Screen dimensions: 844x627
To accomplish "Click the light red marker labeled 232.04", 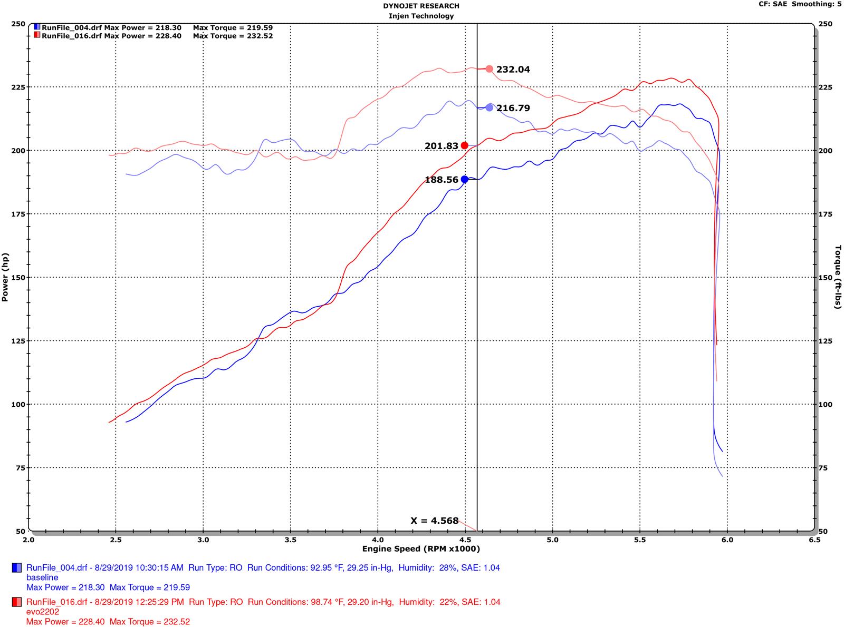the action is point(489,69).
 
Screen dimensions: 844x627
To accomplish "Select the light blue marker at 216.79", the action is point(489,107).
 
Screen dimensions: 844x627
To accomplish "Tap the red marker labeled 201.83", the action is point(464,145).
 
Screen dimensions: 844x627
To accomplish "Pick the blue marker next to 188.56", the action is point(464,179).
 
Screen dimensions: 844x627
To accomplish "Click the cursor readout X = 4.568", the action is point(434,521).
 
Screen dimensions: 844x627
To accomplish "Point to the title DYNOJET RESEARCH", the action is point(421,6).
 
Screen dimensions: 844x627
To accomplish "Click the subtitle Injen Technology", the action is point(421,16).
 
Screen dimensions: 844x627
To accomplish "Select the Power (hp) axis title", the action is point(5,277).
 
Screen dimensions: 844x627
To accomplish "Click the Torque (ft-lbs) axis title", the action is point(838,277).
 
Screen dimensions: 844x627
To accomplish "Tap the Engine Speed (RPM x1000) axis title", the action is point(421,548).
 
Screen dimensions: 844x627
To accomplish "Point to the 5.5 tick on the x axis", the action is point(640,540).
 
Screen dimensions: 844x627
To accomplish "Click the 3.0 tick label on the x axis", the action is point(203,540).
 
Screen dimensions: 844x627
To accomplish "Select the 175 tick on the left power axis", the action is point(18,214).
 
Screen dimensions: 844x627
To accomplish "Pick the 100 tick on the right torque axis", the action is point(825,404).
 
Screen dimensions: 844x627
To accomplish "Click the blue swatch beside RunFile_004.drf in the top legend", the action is point(36,27).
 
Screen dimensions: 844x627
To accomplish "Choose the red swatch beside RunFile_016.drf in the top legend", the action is point(36,35).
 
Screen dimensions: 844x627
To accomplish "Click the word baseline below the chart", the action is point(42,577).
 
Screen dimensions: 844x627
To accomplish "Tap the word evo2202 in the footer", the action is point(43,611).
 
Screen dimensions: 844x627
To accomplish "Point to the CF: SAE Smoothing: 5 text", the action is point(800,4).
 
